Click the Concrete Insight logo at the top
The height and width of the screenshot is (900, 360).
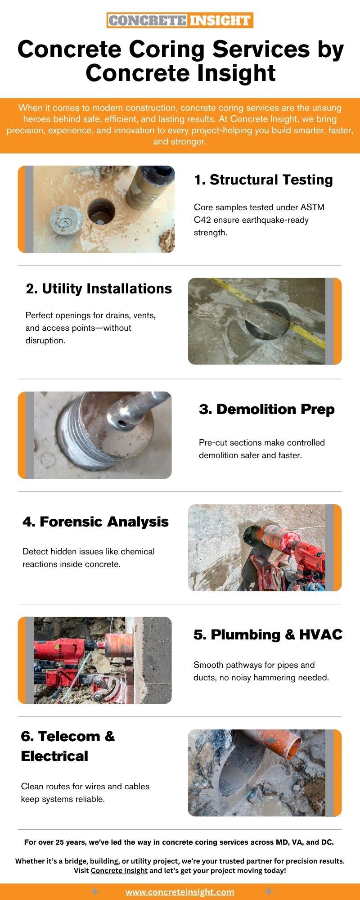(180, 20)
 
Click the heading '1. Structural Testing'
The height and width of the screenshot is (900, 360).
(263, 180)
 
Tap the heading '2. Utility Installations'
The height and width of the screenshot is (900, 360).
(99, 288)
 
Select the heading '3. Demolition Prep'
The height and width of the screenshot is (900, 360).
(267, 409)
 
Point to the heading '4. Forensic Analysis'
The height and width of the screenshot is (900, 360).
(95, 522)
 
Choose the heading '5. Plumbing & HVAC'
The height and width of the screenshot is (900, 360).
(268, 634)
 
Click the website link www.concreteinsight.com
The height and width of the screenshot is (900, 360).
(180, 892)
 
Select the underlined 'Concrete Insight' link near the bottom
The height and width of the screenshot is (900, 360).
(119, 870)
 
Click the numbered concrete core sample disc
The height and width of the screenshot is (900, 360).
(66, 221)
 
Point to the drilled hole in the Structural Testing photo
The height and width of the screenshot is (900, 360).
(101, 211)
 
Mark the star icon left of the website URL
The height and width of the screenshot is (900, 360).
(95, 891)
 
